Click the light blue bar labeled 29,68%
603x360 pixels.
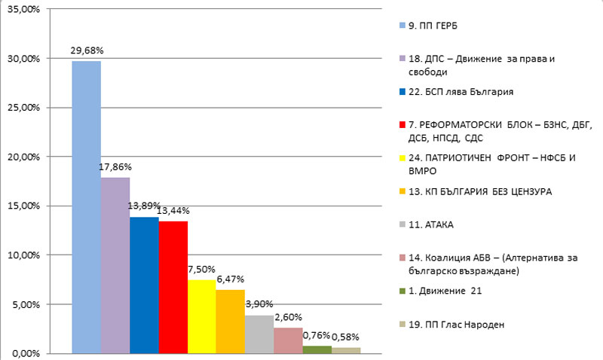[x=86, y=207]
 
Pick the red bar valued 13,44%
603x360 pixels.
[x=173, y=287]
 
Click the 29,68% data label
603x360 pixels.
[x=87, y=50]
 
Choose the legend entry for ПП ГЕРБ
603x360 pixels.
[x=433, y=25]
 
